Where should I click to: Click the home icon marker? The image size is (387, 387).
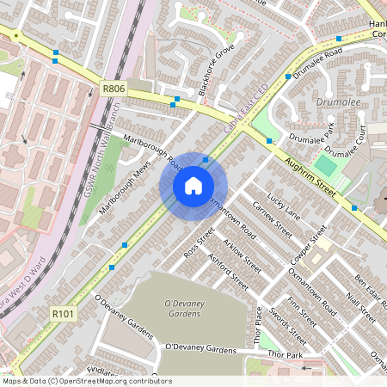[x=193, y=186]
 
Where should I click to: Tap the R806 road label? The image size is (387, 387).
[x=114, y=88]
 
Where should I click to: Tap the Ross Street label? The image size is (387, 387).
[x=200, y=243]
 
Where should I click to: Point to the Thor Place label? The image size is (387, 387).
[x=259, y=325]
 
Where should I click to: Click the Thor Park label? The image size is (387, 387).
[x=285, y=354]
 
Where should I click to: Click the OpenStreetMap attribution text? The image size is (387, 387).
[x=86, y=381]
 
